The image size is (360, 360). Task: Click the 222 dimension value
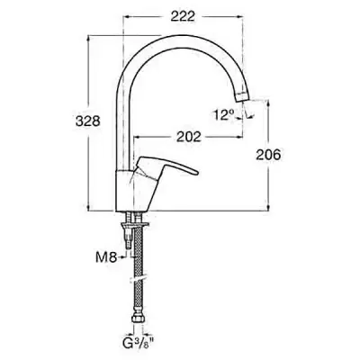click(x=183, y=16)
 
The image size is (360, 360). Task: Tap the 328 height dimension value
click(x=87, y=121)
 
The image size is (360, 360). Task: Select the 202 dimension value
click(x=188, y=137)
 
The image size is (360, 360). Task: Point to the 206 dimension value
click(x=268, y=155)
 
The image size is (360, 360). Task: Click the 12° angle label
click(x=224, y=115)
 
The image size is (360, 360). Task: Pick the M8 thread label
click(x=106, y=258)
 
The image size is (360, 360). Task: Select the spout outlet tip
click(x=242, y=97)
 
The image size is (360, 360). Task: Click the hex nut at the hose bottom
click(x=138, y=318)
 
